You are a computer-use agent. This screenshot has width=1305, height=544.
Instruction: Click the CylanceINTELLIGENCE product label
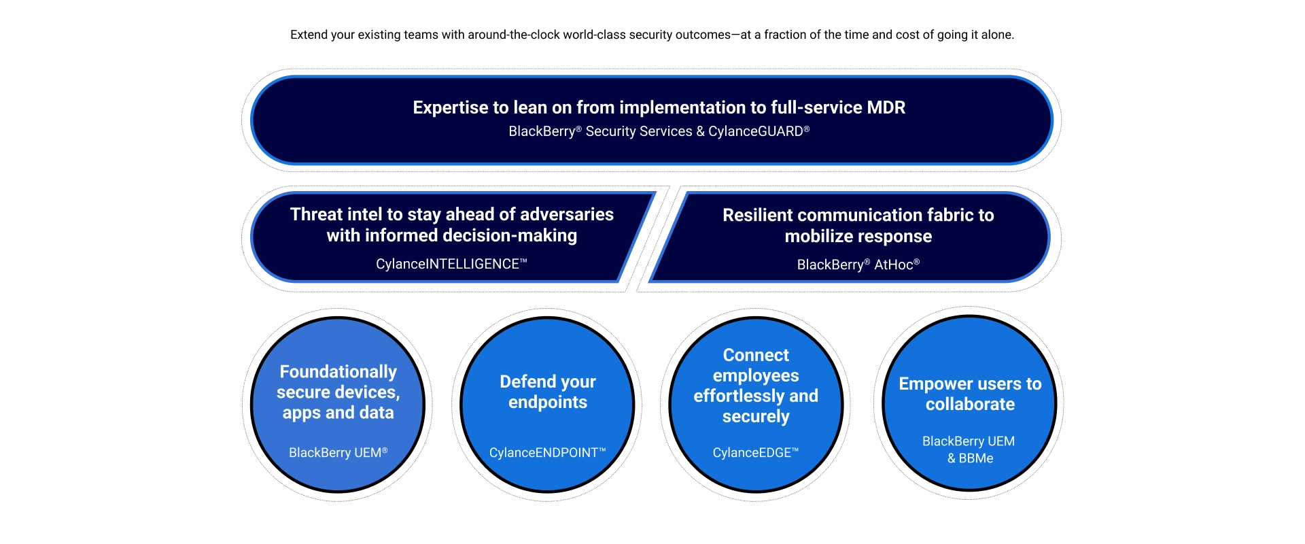[451, 264]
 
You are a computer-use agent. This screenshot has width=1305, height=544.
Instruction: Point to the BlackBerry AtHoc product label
[858, 265]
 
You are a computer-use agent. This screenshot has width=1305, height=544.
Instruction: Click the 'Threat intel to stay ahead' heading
[451, 214]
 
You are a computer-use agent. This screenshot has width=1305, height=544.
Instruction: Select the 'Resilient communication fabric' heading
[858, 215]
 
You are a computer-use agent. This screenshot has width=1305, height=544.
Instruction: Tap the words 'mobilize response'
[858, 236]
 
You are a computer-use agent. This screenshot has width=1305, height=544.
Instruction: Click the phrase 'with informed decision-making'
[451, 235]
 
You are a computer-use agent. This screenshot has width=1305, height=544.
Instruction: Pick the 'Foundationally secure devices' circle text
[338, 392]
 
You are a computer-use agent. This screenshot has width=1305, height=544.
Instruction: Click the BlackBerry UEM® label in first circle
[338, 452]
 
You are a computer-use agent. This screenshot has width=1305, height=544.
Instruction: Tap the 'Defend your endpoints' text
[547, 392]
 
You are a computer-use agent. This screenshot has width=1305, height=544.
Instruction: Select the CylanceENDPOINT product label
[547, 452]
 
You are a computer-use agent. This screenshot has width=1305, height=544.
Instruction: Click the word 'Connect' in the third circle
[756, 355]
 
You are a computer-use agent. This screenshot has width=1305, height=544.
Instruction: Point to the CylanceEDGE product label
[755, 452]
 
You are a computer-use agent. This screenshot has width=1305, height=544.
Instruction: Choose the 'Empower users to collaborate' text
[970, 394]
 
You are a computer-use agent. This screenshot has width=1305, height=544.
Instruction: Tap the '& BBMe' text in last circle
[970, 458]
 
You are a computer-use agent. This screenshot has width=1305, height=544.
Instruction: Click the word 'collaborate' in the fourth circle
[970, 404]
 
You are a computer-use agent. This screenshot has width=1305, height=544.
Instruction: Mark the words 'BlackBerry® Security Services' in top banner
[600, 131]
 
